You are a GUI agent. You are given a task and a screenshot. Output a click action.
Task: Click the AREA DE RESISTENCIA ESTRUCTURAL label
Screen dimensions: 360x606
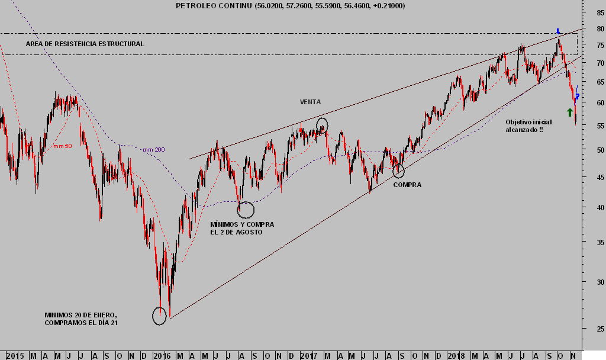[85, 44]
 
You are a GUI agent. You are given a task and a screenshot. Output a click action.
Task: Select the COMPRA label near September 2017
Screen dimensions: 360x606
[407, 185]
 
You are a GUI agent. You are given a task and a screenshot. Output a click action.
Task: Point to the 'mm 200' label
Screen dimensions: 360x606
[153, 150]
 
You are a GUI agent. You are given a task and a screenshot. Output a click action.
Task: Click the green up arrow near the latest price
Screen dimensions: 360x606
[570, 112]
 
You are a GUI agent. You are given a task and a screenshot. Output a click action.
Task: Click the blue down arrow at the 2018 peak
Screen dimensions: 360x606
[558, 31]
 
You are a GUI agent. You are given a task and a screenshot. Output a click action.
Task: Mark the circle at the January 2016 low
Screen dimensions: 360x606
[159, 316]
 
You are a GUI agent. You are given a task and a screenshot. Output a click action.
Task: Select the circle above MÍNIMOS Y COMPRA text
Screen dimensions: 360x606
[246, 209]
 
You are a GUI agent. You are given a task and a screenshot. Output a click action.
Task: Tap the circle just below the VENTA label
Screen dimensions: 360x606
[322, 125]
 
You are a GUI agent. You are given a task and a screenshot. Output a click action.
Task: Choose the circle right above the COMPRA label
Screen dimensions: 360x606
[398, 171]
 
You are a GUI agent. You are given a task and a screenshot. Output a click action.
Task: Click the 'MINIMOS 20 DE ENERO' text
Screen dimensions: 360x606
[81, 319]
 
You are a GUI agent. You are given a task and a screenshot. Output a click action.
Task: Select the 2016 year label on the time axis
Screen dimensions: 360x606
[162, 355]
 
